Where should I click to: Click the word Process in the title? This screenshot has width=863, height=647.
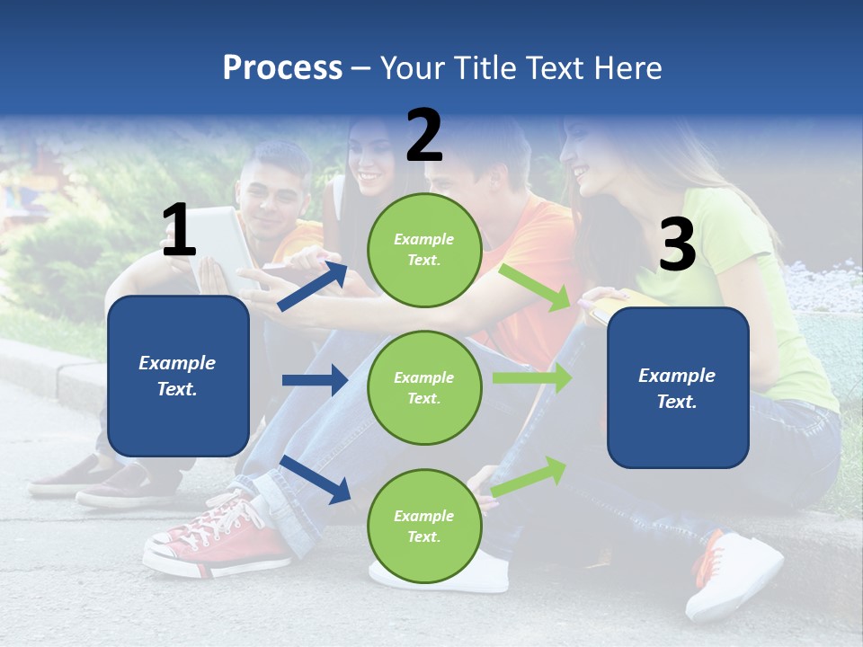pos(282,68)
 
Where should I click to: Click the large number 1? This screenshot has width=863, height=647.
pos(179,231)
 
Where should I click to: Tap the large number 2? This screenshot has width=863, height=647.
pos(424,136)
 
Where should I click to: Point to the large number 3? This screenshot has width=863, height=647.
pos(677,245)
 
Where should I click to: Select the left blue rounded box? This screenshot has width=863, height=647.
pos(178,376)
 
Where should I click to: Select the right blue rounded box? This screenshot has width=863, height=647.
pos(678,387)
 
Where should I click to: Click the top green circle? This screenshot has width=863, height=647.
pos(424,250)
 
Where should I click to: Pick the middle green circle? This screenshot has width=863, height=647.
pos(424,387)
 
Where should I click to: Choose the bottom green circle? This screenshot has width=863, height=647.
pos(424,526)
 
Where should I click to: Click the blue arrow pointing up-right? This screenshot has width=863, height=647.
pos(313,286)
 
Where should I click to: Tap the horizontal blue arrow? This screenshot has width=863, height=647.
pos(315,380)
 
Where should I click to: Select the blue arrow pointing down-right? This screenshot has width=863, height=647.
pos(315,479)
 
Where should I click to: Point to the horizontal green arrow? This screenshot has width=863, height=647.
pos(532,377)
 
